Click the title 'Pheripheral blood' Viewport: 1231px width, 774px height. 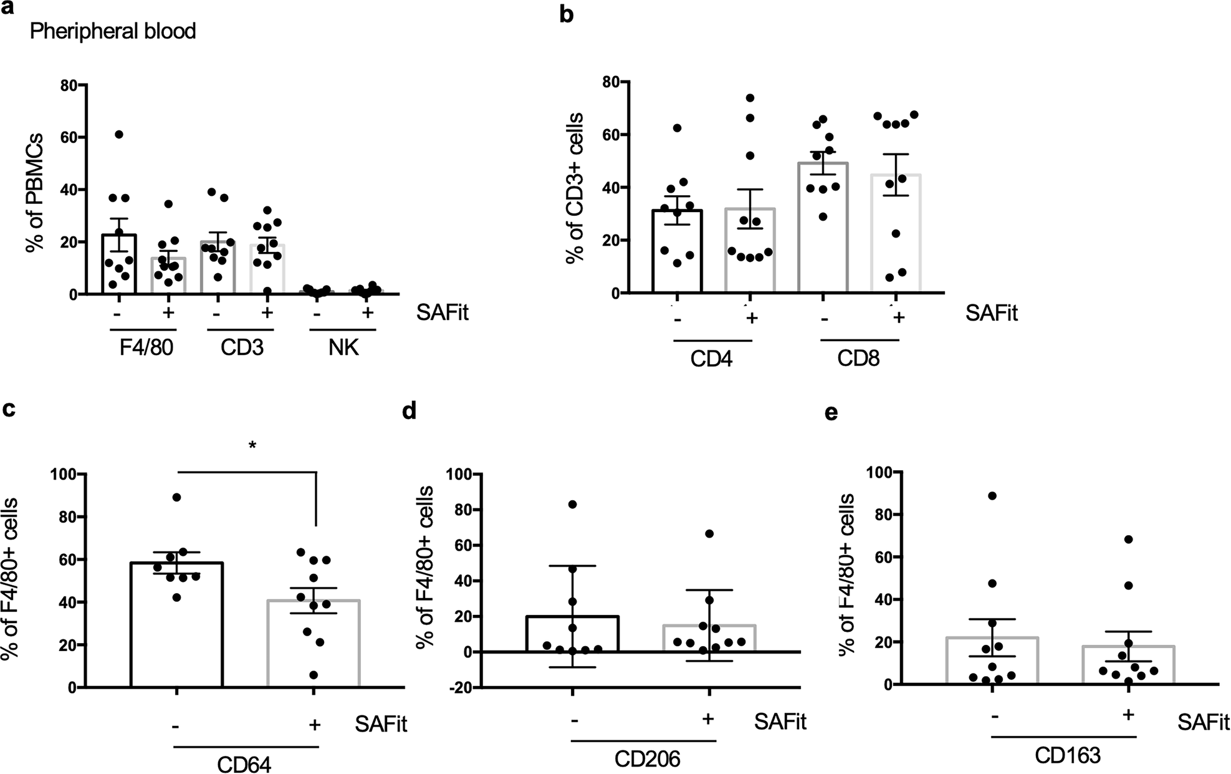pos(113,31)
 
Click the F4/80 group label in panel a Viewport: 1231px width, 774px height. pos(146,347)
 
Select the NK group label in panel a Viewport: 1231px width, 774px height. pos(343,347)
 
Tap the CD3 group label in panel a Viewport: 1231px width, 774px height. pos(242,347)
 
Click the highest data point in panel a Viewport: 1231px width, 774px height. pos(119,135)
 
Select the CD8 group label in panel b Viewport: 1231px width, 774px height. pos(858,359)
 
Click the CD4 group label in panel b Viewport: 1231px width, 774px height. pos(711,359)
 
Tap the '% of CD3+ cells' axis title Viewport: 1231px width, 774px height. pos(575,188)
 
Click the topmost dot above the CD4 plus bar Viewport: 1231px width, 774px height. pos(750,98)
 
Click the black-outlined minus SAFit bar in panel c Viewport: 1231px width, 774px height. pos(177,624)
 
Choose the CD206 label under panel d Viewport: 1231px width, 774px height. pos(647,759)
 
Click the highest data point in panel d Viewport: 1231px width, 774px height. pos(573,504)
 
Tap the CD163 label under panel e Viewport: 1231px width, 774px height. pos(1068,756)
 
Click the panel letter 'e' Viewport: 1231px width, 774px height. pos(831,414)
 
